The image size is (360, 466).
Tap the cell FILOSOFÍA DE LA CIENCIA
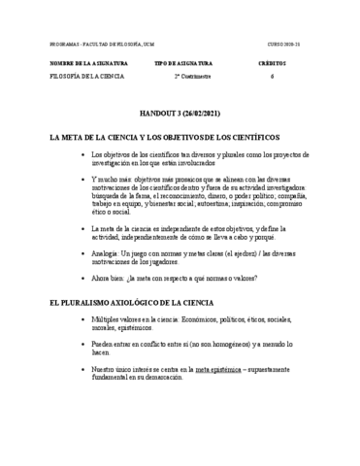(88, 76)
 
